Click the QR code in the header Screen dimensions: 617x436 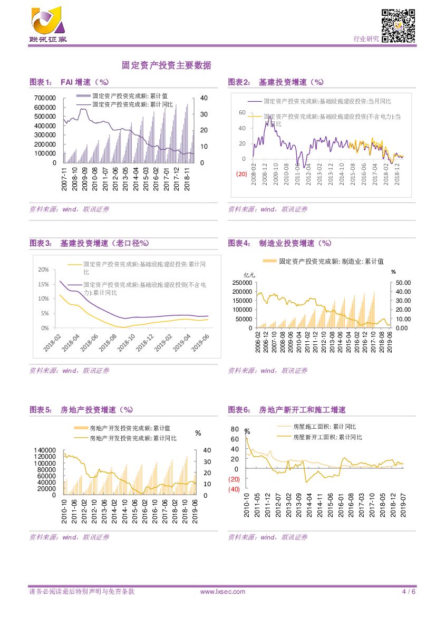[x=398, y=25]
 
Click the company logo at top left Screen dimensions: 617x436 [x=48, y=24]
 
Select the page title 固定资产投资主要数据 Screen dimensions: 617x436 [x=166, y=65]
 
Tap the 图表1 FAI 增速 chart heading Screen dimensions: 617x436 [x=69, y=82]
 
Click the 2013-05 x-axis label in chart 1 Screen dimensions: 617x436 [x=125, y=179]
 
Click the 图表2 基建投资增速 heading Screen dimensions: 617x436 [x=275, y=82]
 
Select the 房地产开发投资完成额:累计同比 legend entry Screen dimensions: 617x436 [x=133, y=438]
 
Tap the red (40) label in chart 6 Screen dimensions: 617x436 [x=234, y=489]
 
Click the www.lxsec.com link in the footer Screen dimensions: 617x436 [x=222, y=592]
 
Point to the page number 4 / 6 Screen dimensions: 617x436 [x=409, y=592]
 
